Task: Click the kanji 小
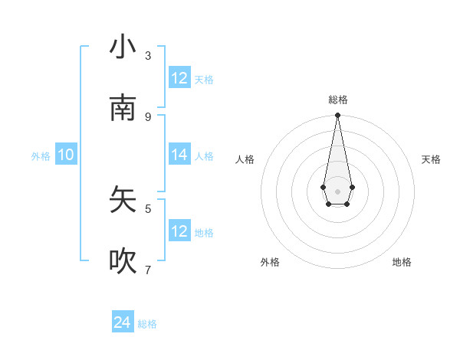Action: click(x=123, y=47)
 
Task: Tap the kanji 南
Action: click(x=123, y=109)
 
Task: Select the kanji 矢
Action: click(x=123, y=200)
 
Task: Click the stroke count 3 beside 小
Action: click(x=148, y=55)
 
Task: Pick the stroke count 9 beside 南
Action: click(x=148, y=116)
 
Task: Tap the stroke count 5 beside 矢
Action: click(x=148, y=208)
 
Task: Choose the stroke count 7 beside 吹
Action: click(x=148, y=270)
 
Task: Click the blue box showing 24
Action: click(x=123, y=323)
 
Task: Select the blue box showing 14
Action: click(x=179, y=155)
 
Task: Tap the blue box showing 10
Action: click(x=66, y=155)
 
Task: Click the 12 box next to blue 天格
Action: click(x=179, y=78)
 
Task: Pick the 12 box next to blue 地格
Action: click(x=179, y=231)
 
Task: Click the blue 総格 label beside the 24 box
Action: click(x=147, y=324)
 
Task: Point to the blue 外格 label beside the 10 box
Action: click(x=41, y=156)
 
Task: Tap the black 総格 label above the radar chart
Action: click(x=337, y=100)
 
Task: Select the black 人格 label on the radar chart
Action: click(x=245, y=159)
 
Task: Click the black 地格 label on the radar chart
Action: click(x=402, y=263)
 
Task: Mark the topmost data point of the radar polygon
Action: click(x=337, y=116)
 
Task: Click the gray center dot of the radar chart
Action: click(x=337, y=191)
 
